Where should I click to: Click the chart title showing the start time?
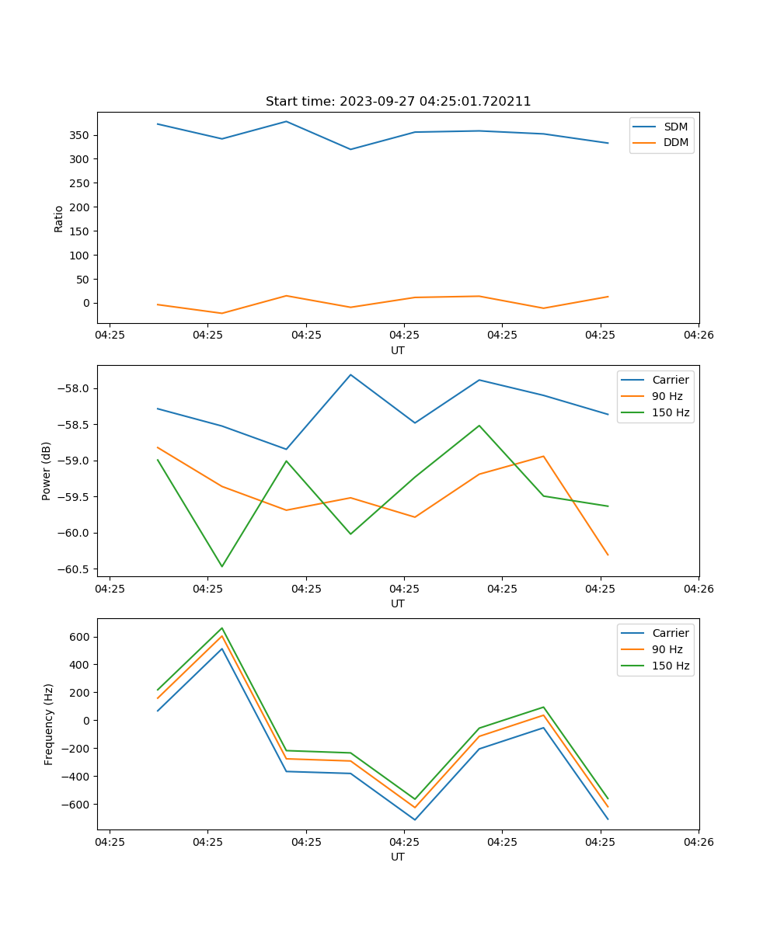point(398,102)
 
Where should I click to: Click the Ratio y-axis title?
point(59,218)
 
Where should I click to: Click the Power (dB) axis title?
point(47,471)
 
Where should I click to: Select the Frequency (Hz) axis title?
point(49,724)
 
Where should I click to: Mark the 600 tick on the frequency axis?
point(80,637)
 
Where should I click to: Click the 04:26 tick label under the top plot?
point(699,336)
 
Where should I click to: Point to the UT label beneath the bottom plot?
point(398,857)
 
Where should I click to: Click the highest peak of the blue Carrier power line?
point(350,374)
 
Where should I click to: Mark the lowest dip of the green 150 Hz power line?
point(222,566)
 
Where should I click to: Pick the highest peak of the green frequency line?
point(222,628)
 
